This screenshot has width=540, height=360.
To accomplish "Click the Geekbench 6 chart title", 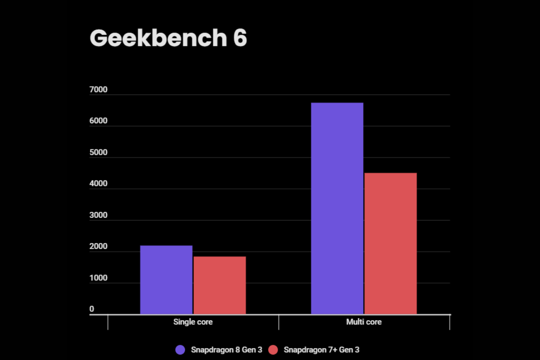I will point(168,39).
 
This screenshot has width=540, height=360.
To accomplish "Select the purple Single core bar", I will point(166,279).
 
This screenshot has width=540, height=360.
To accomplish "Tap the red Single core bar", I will point(220,285).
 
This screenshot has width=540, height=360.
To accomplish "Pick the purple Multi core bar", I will point(337,208).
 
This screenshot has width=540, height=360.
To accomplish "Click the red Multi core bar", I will point(391,243).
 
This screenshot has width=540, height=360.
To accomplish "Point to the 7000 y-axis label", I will point(98,90).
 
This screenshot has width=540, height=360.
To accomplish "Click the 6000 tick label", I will point(98,121).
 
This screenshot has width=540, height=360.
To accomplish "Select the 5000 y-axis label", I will point(98,153).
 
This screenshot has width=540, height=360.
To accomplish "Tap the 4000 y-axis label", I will point(98,184).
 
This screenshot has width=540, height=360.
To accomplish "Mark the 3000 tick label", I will point(98,216).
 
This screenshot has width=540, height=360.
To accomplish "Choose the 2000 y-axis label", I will point(98,247).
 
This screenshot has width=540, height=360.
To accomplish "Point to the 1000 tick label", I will point(98,278).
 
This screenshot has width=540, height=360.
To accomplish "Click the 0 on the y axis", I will point(92,310).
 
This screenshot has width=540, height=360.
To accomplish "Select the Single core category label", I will point(193,322).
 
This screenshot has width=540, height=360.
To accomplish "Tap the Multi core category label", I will point(364,322).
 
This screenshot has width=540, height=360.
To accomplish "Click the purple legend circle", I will point(180,350).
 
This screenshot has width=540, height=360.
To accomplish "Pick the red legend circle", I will point(273,350).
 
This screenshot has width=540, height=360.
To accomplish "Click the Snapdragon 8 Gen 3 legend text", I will point(226,350).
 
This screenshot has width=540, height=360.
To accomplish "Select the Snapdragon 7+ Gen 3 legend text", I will point(321,350).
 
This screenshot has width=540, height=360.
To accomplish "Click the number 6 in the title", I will point(240,39).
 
